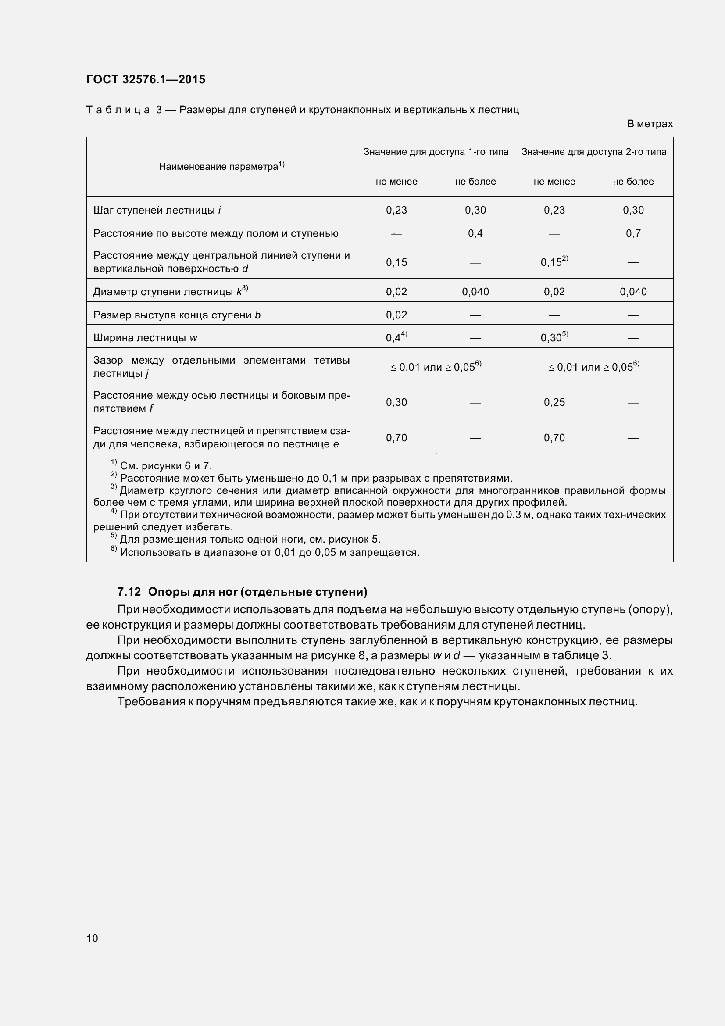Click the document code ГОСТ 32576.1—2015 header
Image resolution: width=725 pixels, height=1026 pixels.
pos(146,79)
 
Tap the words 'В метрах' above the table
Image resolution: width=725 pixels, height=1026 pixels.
pos(650,124)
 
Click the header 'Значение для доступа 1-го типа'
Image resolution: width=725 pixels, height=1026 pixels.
pos(436,152)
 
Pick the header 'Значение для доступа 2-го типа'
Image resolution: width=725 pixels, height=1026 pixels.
pos(594,152)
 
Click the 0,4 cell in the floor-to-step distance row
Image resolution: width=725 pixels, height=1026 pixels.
pos(475,233)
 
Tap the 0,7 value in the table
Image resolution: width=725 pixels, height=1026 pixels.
pos(633,233)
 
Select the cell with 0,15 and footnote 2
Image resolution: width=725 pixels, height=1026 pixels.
pos(554,262)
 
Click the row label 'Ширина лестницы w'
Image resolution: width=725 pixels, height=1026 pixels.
pos(145,338)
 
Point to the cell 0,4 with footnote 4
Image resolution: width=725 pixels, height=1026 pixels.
pos(396,337)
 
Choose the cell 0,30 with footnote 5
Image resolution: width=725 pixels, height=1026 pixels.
pos(554,337)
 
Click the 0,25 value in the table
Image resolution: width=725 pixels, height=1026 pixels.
pos(554,402)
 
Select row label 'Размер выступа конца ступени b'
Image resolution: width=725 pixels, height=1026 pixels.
pos(177,315)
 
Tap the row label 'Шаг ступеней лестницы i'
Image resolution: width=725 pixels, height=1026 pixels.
pos(157,210)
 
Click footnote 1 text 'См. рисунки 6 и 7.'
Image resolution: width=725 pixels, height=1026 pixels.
pos(166,466)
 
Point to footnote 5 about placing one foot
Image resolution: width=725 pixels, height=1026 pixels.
pos(250,540)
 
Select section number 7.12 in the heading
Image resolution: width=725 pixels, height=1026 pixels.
pos(129,592)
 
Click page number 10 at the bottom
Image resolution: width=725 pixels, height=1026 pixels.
pos(92,938)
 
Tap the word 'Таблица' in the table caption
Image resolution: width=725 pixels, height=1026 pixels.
pos(118,110)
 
